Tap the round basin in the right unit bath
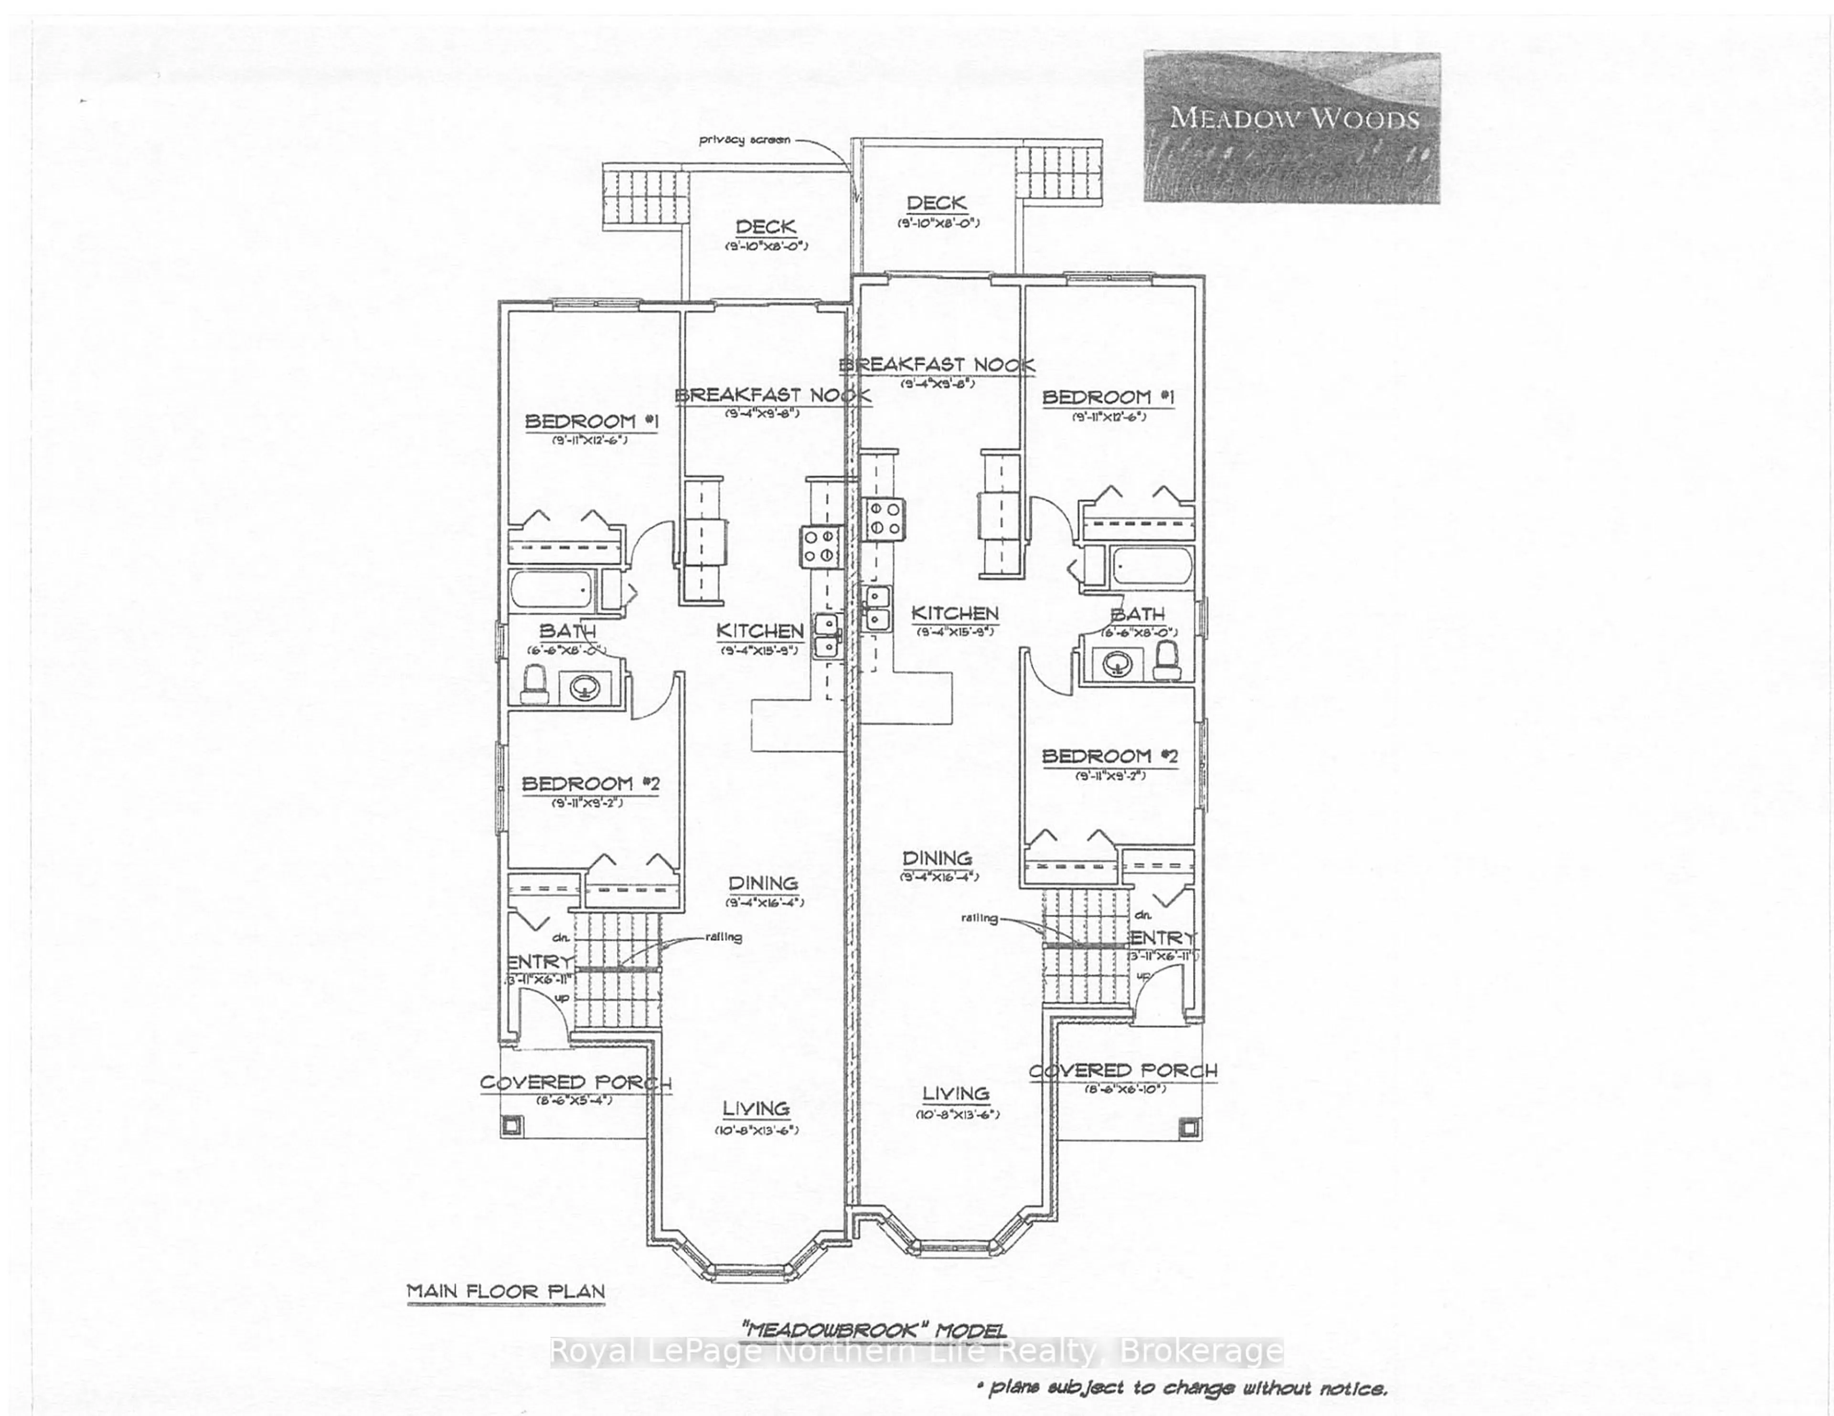1116,665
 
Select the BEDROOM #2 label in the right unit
1109,756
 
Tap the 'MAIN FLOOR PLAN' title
505,1291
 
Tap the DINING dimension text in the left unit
764,903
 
